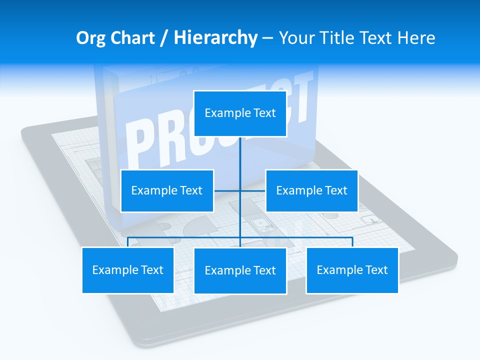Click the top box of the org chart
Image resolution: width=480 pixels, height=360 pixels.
tap(240, 113)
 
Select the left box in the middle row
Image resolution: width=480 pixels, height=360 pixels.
tap(167, 190)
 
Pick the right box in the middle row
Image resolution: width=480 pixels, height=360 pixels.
tap(311, 190)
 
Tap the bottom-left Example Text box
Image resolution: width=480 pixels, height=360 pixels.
tap(128, 270)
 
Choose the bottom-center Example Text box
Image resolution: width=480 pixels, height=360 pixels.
tap(240, 270)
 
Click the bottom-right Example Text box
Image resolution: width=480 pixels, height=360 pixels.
tap(352, 270)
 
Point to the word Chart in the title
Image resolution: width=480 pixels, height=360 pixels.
tap(131, 38)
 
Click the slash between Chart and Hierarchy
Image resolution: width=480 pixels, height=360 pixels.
tap(164, 38)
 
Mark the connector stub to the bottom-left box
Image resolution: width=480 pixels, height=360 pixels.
tap(128, 242)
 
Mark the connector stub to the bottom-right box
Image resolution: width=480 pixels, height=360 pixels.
tap(352, 242)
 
